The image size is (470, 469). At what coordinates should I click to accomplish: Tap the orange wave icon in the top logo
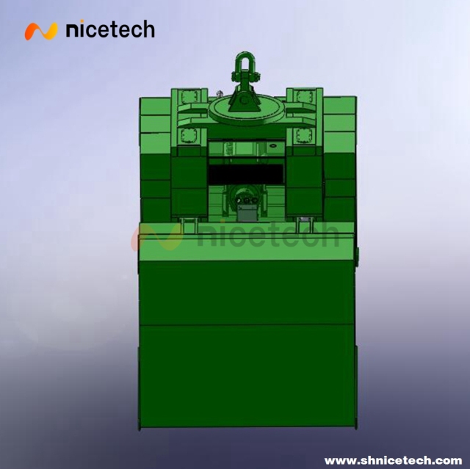tap(41, 31)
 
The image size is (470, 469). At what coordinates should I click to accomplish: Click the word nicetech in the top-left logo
tap(110, 30)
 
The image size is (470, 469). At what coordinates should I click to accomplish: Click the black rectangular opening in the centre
tap(246, 174)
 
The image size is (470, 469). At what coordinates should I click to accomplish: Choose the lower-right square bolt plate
tap(302, 136)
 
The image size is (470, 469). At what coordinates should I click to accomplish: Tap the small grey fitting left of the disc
tap(220, 93)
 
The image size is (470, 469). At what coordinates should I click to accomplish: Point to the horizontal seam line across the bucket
tap(245, 324)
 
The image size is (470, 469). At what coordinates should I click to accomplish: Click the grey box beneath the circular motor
tap(246, 214)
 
